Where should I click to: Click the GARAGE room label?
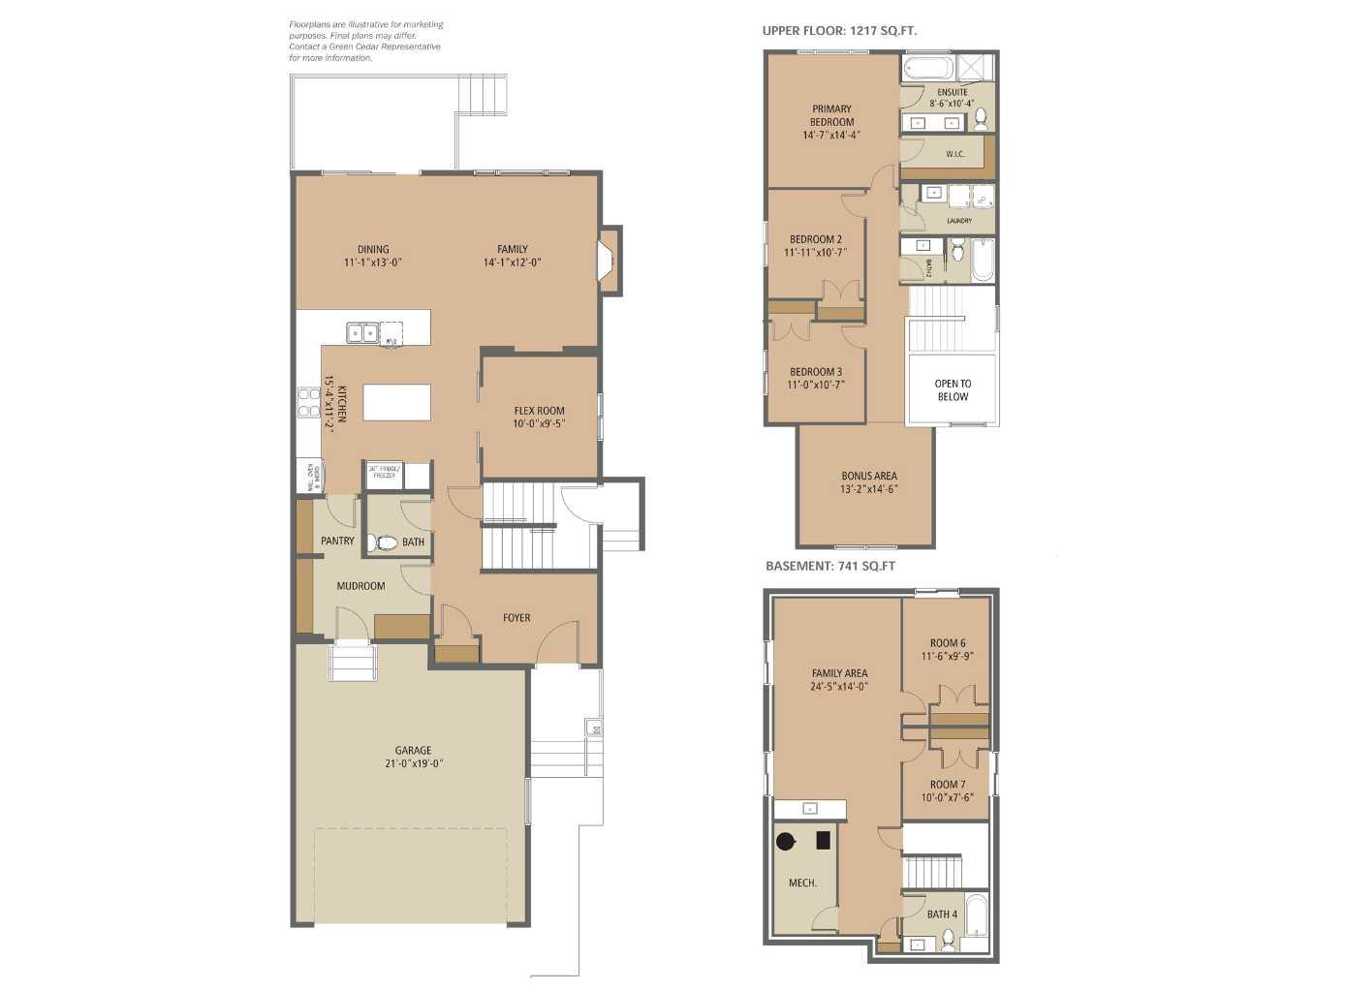413,750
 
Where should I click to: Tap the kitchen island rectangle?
396,402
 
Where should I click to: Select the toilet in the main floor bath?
384,542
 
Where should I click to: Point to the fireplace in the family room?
606,260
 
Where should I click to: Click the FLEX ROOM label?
539,411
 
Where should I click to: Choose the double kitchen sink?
362,333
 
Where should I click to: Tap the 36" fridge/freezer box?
384,474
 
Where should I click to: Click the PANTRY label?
337,541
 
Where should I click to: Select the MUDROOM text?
360,586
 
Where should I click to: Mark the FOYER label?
516,618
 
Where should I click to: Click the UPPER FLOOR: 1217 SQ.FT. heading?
839,31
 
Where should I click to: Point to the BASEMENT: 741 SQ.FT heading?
830,566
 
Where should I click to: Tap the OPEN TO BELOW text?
953,390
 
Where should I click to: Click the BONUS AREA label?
869,476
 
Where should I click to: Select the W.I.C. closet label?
954,154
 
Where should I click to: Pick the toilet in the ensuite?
981,117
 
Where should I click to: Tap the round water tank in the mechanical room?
786,841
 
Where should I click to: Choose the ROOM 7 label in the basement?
948,785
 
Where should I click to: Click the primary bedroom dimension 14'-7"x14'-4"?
831,136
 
